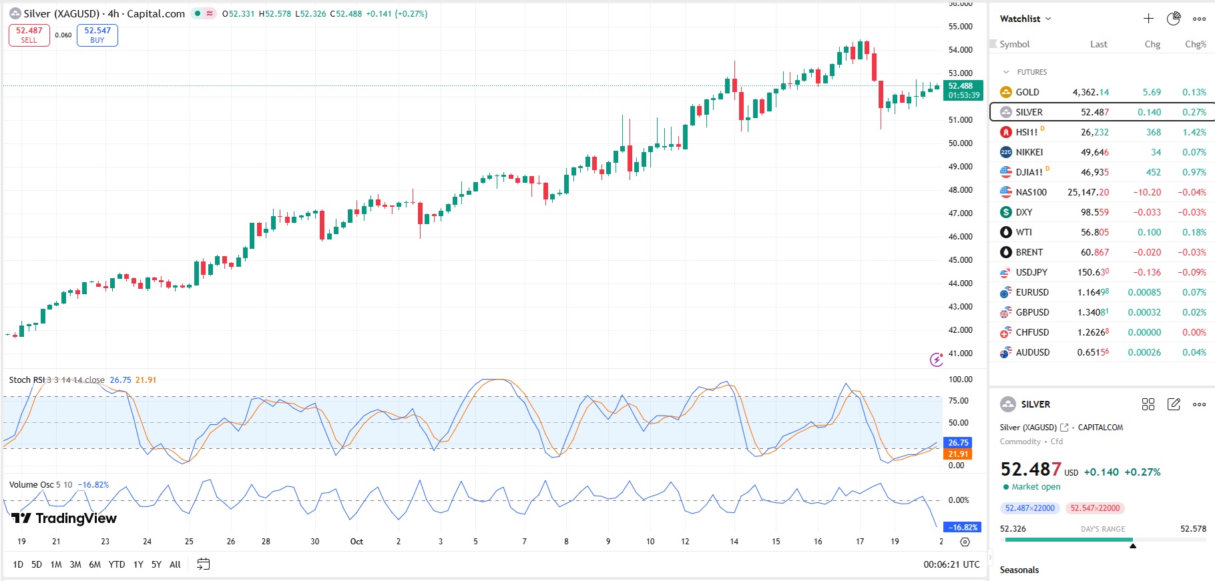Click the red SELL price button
[29, 35]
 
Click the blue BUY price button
[97, 35]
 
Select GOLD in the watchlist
[1027, 92]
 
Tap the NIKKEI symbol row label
[1029, 152]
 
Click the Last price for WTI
[1094, 232]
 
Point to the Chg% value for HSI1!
[1194, 132]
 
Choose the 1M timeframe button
[56, 564]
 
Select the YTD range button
[117, 564]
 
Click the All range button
[175, 564]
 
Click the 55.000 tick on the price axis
[960, 27]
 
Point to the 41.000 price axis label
[960, 354]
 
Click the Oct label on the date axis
[356, 542]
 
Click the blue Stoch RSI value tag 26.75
[958, 443]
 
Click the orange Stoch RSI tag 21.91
[958, 454]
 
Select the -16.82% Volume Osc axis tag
[963, 528]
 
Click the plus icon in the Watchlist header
[1148, 19]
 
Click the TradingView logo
[64, 518]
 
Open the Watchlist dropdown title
[1025, 19]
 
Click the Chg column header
[1152, 44]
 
